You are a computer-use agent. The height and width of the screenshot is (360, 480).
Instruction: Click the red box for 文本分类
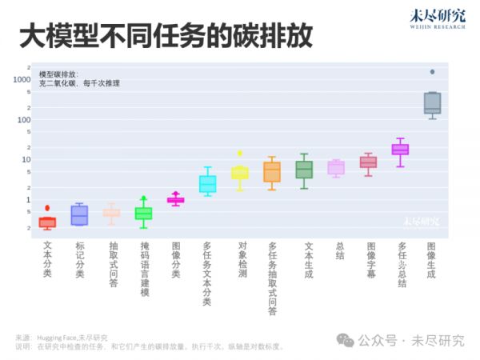click(x=47, y=222)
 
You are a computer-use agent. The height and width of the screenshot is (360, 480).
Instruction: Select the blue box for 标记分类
click(x=79, y=215)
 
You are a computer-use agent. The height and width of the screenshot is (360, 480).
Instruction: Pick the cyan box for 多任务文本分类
click(x=207, y=184)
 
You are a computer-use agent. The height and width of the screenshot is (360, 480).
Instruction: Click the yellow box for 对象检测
click(x=239, y=173)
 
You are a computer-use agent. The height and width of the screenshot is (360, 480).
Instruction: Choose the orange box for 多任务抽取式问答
click(x=272, y=172)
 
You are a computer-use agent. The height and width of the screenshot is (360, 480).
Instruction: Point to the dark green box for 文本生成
click(x=304, y=170)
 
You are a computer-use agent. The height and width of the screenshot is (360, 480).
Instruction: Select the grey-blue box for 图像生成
click(x=432, y=103)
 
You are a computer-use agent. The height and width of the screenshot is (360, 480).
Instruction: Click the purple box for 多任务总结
click(x=400, y=150)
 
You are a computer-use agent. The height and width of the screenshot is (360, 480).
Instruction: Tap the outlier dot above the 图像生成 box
click(x=432, y=71)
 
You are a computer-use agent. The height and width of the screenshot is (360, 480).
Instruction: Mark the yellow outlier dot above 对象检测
click(x=239, y=153)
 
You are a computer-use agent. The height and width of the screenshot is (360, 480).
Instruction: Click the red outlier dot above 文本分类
click(x=47, y=208)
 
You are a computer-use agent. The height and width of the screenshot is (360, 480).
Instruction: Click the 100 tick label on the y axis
click(x=24, y=120)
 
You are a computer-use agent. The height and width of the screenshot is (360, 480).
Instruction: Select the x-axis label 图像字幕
click(x=370, y=259)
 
